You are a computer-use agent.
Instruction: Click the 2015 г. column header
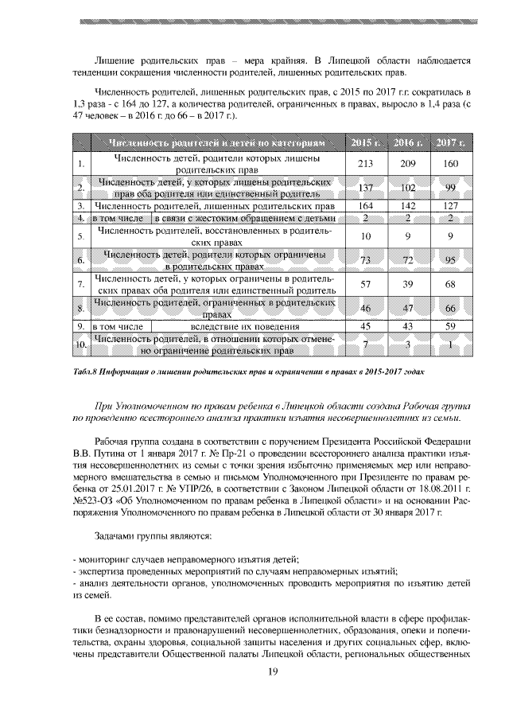(366, 143)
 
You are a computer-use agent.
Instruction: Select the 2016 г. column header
(408, 143)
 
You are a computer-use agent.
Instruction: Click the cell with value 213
(366, 164)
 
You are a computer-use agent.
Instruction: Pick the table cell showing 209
(408, 164)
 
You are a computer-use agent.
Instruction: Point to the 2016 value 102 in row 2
(408, 188)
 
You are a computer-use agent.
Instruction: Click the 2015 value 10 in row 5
(366, 236)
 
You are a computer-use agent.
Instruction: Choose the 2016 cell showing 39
(408, 284)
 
